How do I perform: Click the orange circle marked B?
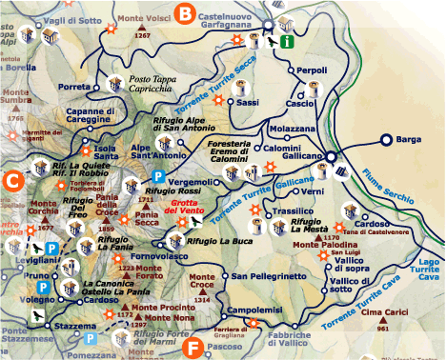point(188,13)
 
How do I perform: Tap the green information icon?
point(286,41)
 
